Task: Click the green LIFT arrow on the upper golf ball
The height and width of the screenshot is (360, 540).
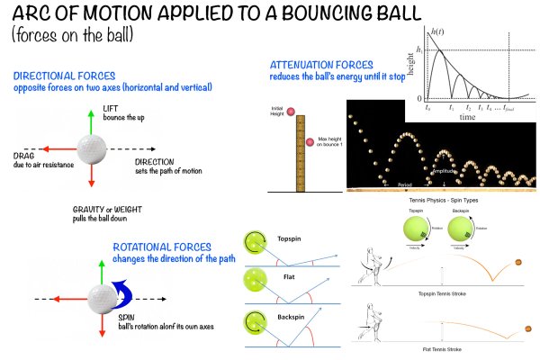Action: point(90,123)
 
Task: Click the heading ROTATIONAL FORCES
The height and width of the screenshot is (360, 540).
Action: point(162,247)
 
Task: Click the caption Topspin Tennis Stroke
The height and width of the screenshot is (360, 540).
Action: point(440,293)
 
